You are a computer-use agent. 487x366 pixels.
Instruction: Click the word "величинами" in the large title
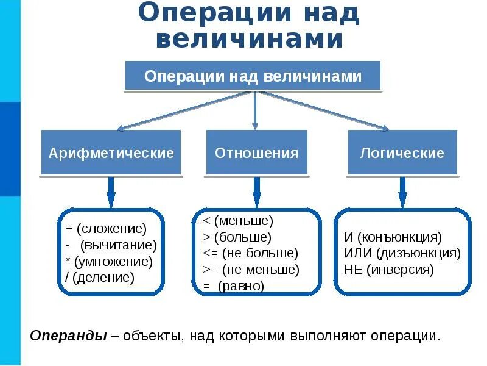(250, 38)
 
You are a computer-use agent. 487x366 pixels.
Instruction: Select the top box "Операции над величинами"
(253, 76)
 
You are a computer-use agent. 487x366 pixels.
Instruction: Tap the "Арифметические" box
(111, 152)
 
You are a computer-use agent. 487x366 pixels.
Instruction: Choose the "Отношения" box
(256, 152)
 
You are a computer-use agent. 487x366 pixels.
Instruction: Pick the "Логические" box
(402, 152)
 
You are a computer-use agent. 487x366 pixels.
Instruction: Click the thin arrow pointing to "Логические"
(323, 110)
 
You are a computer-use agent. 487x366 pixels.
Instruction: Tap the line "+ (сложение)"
(107, 229)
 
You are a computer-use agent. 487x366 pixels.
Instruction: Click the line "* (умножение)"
(109, 262)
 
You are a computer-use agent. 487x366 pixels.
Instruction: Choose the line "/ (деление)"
(100, 278)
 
